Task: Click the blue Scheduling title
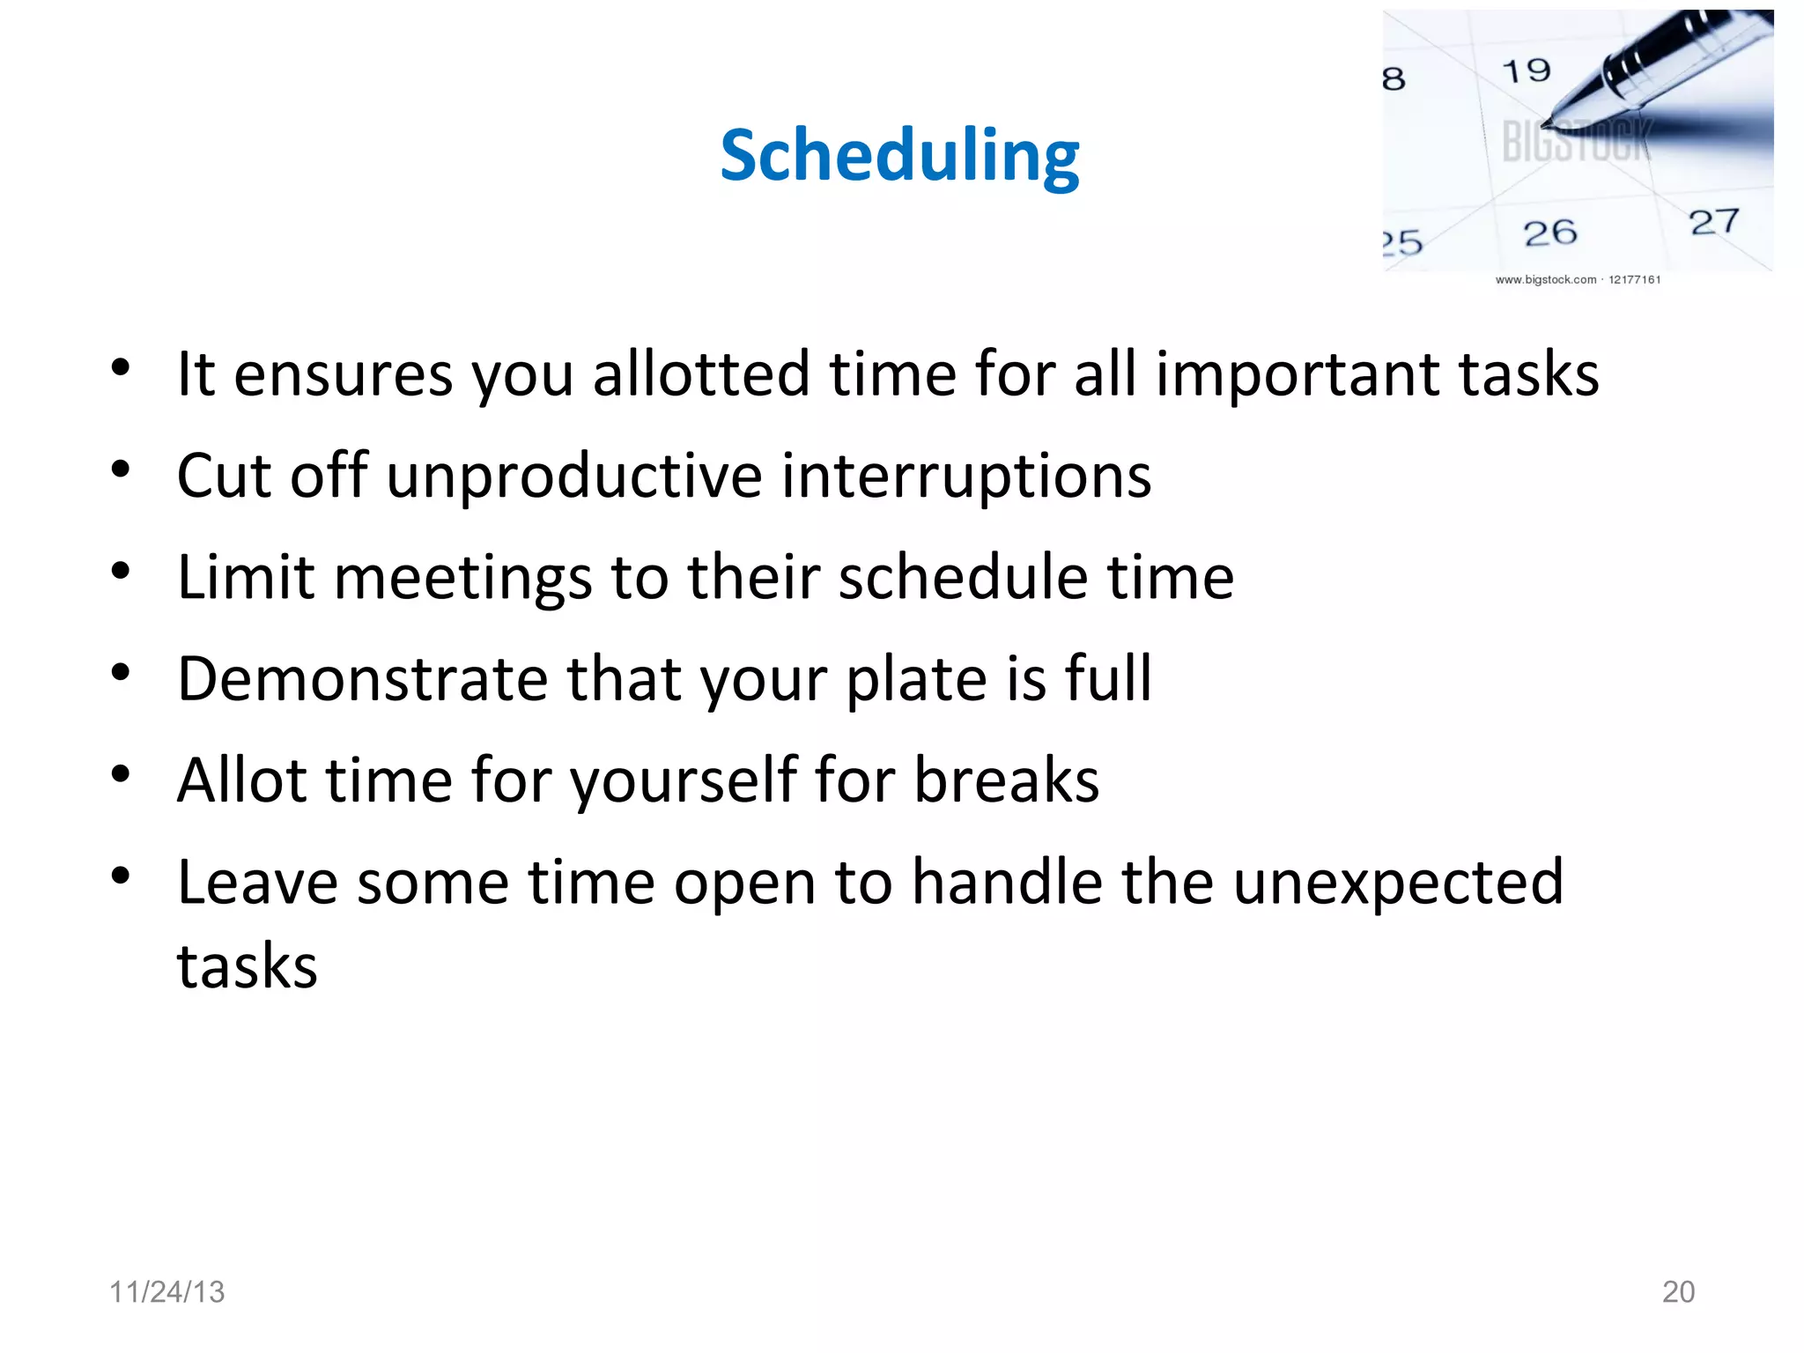899,156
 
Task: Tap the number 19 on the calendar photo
1526,70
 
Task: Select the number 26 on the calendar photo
1549,233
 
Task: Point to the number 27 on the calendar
1713,222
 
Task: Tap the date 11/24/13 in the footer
166,1291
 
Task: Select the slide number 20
1677,1291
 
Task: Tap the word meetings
462,578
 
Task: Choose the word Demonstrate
363,679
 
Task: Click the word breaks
1006,780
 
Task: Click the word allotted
700,374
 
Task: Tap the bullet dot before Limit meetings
121,571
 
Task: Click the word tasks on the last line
247,966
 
